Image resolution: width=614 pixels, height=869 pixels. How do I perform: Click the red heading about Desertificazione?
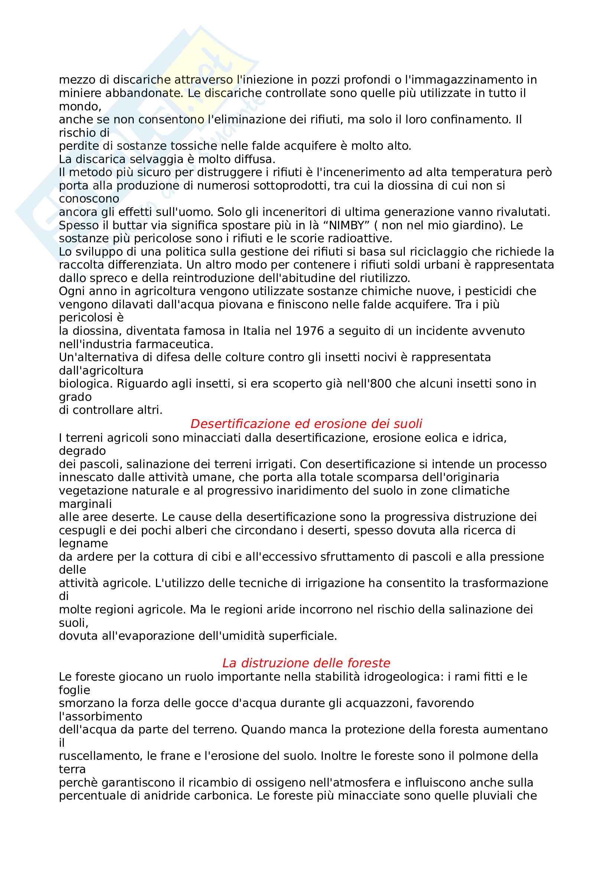click(x=306, y=424)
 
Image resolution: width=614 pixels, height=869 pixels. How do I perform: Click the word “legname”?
click(x=83, y=544)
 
